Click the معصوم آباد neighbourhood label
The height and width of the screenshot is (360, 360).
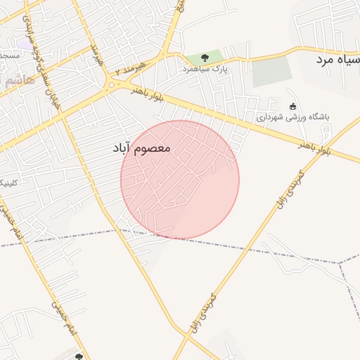(x=141, y=149)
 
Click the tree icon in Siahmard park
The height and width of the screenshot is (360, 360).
(x=205, y=57)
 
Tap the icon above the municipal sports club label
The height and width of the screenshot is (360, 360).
(x=292, y=106)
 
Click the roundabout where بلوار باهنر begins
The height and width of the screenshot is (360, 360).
(x=111, y=86)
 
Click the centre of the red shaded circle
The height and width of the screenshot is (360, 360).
(x=180, y=180)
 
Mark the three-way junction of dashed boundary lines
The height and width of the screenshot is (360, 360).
(x=339, y=264)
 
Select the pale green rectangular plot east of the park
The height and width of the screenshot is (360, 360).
(x=271, y=71)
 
